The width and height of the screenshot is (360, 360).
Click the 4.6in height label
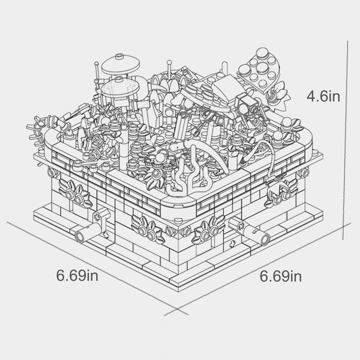click(x=323, y=96)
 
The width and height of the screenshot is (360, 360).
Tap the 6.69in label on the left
click(x=77, y=275)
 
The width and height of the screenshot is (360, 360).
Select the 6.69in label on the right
click(x=280, y=276)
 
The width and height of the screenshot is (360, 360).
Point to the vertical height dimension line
click(x=345, y=140)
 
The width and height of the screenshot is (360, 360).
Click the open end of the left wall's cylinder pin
click(x=80, y=237)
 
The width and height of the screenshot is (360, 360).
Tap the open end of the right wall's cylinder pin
click(x=265, y=239)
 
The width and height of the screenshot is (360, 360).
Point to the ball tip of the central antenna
click(x=170, y=62)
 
